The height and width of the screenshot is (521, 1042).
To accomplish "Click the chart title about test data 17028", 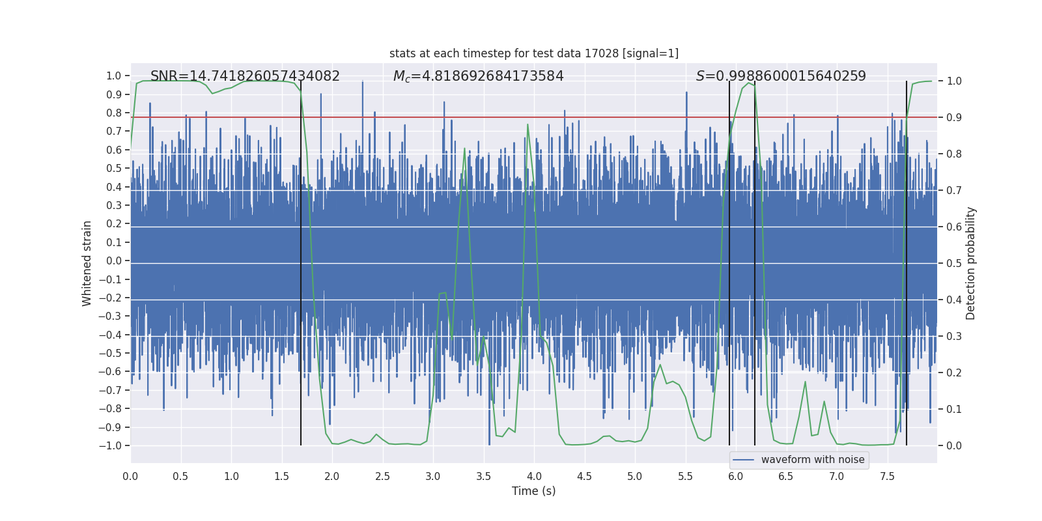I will coord(533,53).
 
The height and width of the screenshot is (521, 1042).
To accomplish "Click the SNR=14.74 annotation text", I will coord(245,76).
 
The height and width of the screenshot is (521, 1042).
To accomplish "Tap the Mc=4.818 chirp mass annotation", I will coord(478,76).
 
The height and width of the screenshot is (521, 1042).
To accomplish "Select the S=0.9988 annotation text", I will coord(781,76).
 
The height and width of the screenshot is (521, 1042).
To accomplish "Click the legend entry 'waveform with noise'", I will coord(812,460).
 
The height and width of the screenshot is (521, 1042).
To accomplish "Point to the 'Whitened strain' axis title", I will coord(87,263).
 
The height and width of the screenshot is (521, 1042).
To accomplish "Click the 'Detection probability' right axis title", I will coord(971,263).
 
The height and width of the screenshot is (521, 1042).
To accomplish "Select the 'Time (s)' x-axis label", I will coord(533,491).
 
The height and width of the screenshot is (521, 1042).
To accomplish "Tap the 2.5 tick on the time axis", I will coord(382,476).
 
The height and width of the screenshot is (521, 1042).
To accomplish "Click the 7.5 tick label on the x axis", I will coord(887,476).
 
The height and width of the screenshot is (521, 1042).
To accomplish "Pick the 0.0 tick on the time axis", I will coord(130,476).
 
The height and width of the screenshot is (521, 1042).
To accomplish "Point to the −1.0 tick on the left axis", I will coord(113,446).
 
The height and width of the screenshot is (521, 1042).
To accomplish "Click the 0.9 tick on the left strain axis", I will coord(114,94).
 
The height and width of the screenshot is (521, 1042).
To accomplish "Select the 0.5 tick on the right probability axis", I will coord(954,263).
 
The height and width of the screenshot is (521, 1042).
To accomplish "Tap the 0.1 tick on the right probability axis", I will coord(954,409).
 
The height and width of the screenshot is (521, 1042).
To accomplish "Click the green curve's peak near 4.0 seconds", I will coord(528,124).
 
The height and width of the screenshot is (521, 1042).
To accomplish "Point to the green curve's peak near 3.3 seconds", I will coord(465,148).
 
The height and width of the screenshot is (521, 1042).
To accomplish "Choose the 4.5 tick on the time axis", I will coord(584,476).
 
